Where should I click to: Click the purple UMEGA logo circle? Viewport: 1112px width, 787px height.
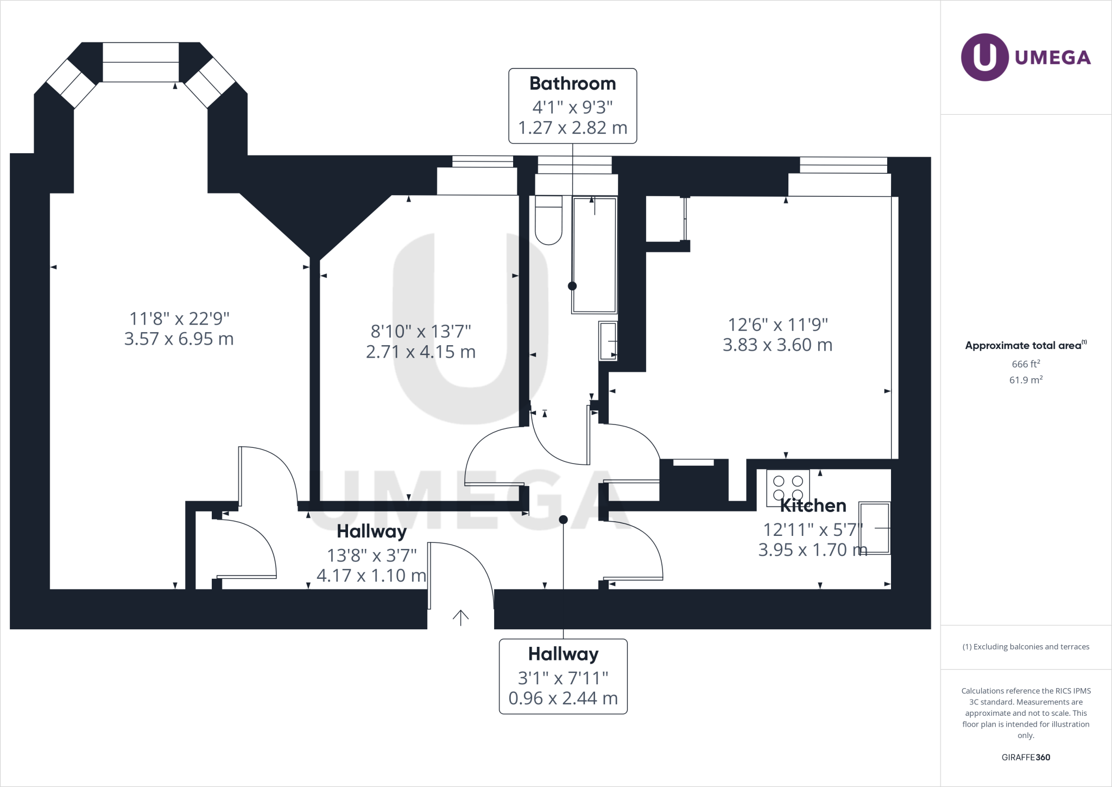pos(984,58)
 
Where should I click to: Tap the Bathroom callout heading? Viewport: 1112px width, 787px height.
pos(572,84)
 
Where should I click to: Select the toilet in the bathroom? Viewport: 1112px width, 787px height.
pos(548,220)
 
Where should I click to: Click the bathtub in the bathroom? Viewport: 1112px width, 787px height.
pos(595,255)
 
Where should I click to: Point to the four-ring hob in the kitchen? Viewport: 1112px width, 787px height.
pos(788,487)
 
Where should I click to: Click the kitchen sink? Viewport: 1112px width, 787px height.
pos(874,528)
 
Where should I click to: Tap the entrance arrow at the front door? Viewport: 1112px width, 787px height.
pos(460,617)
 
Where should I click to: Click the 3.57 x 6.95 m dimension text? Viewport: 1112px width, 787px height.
pos(179,339)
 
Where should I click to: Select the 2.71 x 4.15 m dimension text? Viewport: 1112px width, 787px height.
pos(421,352)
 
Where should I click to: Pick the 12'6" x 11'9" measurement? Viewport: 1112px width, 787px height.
pos(778,324)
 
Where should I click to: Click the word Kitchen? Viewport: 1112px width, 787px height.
pos(813,506)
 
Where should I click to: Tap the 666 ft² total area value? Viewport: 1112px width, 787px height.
pos(1026,364)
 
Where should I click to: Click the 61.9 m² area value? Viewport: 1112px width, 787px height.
pos(1026,380)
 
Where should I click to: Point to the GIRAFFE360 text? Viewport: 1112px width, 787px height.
pos(1026,757)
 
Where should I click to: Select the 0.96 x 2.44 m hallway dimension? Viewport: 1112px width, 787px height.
pos(563,698)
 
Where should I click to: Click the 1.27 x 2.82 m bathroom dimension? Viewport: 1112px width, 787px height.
pos(572,128)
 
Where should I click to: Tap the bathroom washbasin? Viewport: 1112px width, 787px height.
pos(608,341)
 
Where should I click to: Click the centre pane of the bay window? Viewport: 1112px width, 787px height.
pos(141,62)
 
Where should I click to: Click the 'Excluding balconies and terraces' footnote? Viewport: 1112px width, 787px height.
pos(1026,647)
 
